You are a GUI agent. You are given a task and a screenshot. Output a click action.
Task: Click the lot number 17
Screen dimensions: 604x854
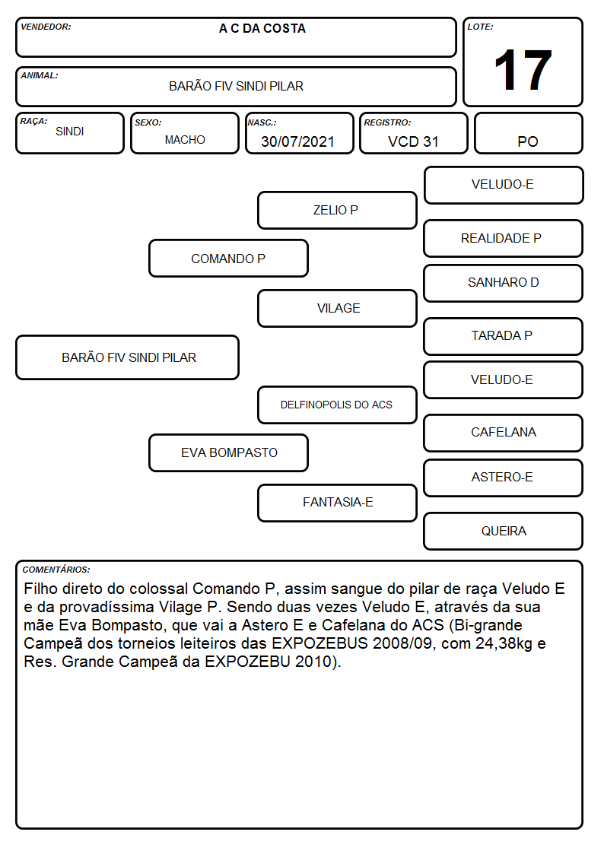(523, 70)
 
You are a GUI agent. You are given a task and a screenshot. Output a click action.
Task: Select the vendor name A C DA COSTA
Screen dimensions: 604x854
(262, 28)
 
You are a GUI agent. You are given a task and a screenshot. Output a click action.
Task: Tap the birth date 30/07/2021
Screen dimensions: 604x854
(297, 141)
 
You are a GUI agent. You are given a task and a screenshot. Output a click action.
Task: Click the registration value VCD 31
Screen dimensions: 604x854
(413, 141)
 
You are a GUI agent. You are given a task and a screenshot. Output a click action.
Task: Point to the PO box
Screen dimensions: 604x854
(528, 133)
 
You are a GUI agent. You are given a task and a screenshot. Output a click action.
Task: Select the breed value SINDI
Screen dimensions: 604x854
(70, 132)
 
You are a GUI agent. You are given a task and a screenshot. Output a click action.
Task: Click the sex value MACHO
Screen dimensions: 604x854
(185, 140)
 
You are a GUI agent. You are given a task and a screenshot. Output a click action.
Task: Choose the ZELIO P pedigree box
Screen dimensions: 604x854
(337, 210)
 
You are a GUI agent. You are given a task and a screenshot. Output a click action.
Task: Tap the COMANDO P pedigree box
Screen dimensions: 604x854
(229, 259)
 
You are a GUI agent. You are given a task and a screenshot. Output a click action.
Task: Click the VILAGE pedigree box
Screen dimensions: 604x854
(337, 308)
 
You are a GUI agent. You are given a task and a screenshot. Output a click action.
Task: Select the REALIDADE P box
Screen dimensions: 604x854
(504, 239)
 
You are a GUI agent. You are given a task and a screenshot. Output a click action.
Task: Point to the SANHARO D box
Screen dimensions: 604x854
(504, 283)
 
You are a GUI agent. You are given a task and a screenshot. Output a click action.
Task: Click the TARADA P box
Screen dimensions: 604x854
(504, 336)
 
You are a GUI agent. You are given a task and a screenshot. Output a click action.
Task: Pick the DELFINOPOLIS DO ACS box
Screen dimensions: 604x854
(337, 405)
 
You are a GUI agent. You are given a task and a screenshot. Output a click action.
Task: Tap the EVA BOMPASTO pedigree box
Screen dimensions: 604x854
(229, 452)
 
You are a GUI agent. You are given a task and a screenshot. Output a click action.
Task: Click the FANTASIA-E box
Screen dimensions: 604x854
(337, 503)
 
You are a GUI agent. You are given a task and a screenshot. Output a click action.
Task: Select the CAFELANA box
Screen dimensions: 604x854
(504, 433)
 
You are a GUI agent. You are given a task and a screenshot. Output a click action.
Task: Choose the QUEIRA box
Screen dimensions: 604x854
(504, 531)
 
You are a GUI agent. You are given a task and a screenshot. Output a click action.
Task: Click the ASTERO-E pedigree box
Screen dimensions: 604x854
(504, 478)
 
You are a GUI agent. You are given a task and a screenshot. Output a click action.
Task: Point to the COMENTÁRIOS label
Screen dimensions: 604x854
(56, 570)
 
